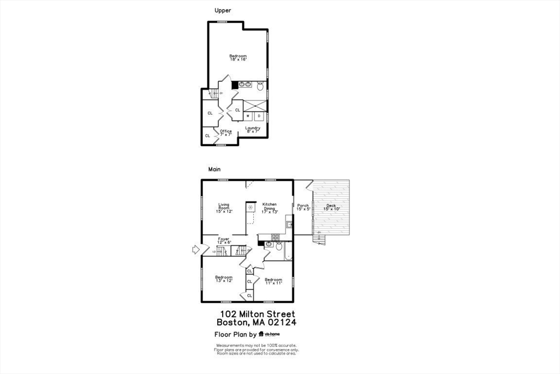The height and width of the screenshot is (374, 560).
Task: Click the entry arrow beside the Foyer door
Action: point(195,250)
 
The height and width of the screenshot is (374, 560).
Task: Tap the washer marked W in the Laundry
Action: point(248,116)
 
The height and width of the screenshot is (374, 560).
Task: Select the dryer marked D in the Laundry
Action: point(259,116)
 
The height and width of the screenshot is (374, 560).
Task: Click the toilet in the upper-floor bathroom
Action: point(260,86)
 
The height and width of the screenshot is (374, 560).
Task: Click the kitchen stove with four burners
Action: point(276,237)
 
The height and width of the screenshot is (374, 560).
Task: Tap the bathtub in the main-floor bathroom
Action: point(288,251)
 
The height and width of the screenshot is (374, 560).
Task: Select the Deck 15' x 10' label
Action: point(331,207)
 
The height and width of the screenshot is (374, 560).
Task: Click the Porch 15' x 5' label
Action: point(303,207)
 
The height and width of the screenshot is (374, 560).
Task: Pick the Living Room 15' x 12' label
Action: point(224,208)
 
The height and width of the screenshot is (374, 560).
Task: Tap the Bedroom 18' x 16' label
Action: point(238,58)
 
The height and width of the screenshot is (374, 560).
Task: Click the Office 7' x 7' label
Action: point(225,133)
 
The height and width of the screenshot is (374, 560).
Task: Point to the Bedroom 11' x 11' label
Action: point(273,281)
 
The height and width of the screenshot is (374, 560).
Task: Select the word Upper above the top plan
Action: point(223,10)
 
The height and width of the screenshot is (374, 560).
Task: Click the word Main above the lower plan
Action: point(214,169)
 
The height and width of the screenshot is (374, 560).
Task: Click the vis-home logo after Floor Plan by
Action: point(270,334)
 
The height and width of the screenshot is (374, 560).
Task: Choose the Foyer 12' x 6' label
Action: point(224,240)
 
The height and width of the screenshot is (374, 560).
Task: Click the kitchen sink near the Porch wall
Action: point(289,225)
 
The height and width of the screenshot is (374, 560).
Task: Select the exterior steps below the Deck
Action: point(318,239)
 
